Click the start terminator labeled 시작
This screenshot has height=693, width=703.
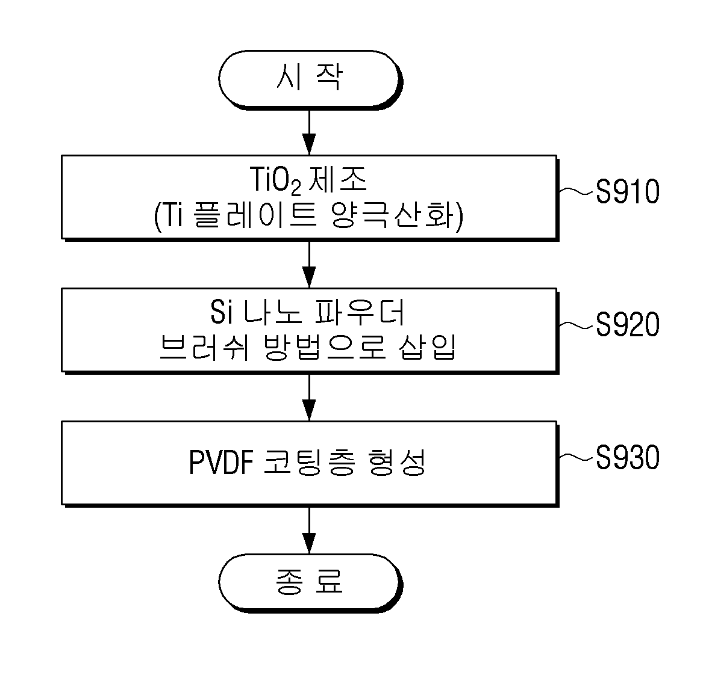coord(310,79)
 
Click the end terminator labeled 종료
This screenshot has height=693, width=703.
coord(310,583)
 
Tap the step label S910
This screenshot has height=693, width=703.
coord(628,192)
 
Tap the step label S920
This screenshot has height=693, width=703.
coord(628,325)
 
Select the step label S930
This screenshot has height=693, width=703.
coord(628,458)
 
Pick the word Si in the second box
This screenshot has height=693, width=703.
coord(222,312)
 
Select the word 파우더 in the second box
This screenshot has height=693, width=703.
coord(360,312)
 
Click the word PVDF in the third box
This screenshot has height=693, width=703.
coord(222,462)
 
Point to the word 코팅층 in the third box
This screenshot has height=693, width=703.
coord(310,462)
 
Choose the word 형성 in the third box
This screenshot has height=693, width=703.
coord(396,462)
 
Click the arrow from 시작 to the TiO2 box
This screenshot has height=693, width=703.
coord(310,132)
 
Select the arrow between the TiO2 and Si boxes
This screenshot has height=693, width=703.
coord(310,265)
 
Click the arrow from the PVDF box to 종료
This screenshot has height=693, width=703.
coord(310,531)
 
